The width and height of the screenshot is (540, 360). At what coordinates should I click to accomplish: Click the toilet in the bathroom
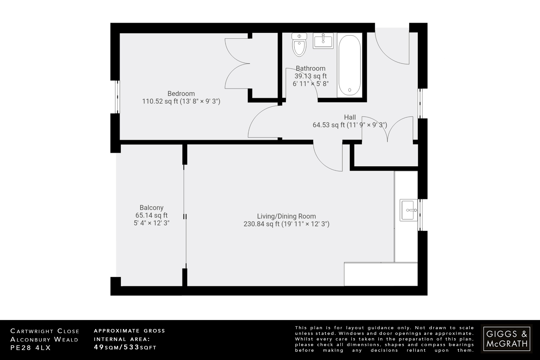point(299,45)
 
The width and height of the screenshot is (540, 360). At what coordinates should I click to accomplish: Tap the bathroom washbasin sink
point(323,41)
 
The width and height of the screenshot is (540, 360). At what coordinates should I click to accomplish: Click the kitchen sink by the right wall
point(408,210)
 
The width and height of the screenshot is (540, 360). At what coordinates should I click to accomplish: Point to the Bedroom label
point(181,94)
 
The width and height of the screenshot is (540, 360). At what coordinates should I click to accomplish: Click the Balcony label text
point(151,208)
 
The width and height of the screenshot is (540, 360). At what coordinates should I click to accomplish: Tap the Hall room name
point(350,117)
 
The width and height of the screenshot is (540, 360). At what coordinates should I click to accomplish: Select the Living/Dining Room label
point(286,216)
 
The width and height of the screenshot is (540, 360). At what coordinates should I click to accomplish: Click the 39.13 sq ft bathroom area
point(310,76)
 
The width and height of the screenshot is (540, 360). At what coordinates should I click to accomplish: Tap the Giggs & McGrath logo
point(507,339)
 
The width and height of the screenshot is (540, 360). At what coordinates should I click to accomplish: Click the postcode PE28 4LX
point(30,348)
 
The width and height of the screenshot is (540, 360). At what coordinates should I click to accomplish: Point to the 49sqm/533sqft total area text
point(125,347)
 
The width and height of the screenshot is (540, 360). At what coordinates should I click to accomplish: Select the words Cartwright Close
point(45,331)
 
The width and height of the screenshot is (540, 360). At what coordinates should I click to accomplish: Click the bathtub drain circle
point(350,90)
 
